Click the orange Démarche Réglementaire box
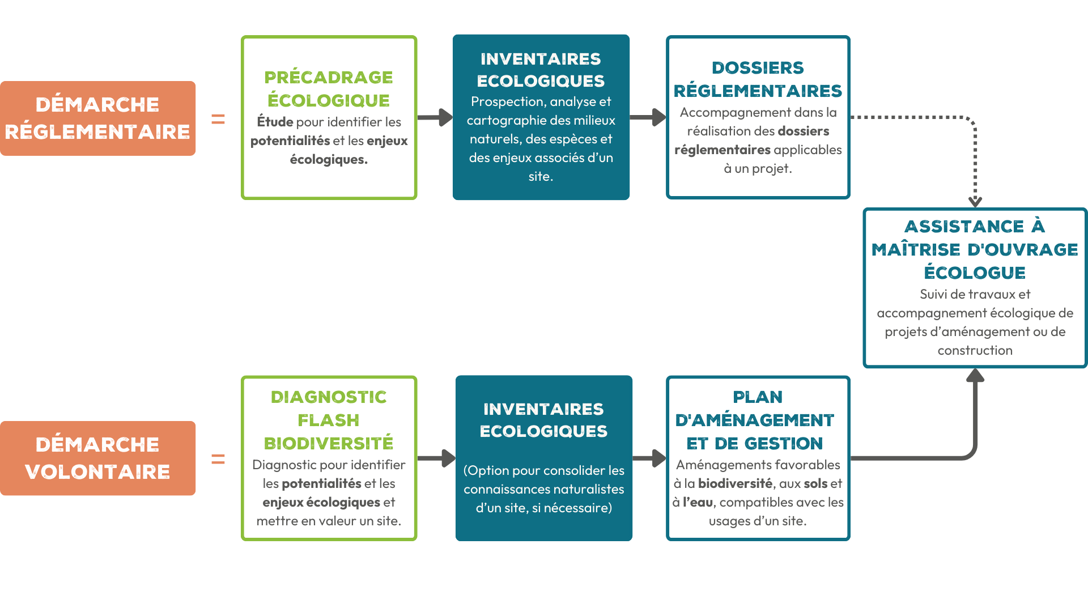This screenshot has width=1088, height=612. pos(97,118)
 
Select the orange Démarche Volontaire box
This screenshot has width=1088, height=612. pos(97,458)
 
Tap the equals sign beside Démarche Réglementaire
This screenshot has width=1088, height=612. pos(218,119)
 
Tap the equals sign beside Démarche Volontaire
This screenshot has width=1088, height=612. pos(218,459)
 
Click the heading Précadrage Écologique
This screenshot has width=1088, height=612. pos(329,88)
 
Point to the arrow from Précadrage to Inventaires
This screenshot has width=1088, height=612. pos(435,117)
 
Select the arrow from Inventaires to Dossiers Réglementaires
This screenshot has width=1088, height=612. pos(648,117)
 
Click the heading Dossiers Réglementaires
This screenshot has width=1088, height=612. pos(758,79)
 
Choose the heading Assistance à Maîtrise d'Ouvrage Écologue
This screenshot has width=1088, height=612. pos(975,249)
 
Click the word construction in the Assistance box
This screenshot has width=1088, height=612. pos(975,350)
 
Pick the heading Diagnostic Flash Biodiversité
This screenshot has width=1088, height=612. pos(329,420)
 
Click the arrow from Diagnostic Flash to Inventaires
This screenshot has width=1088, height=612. pos(436,458)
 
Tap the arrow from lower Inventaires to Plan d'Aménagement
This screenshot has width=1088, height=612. pos(649,458)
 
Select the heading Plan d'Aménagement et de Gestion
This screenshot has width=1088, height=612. pos(755,420)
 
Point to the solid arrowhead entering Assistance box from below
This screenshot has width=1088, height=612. pos(975,375)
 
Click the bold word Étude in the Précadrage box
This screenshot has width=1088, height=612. pos(275,122)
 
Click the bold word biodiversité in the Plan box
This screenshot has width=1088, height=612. pos(735,483)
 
